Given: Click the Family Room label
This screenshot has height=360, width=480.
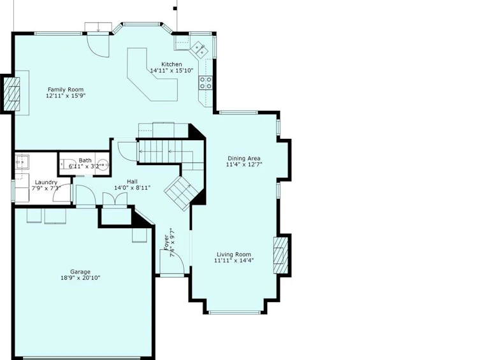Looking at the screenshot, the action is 66,90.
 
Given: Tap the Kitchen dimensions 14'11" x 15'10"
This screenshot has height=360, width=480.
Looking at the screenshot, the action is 171,71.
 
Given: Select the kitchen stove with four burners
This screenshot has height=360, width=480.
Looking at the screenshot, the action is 205,83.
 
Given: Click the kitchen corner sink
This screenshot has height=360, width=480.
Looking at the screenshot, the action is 199,50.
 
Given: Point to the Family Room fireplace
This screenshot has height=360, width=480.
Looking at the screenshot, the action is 11,94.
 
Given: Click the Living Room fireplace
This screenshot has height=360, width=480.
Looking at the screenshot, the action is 280,256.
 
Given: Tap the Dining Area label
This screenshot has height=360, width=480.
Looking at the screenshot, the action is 244,159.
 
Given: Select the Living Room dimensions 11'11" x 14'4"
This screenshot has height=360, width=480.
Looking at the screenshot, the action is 234,261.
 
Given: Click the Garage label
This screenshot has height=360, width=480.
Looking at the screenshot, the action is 80,272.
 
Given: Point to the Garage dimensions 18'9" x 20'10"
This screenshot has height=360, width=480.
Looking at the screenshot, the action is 80,278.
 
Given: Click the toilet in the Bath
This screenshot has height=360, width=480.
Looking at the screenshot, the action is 66,164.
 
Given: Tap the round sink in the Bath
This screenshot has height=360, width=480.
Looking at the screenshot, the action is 104,164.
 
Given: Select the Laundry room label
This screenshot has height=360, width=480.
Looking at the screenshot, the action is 46,183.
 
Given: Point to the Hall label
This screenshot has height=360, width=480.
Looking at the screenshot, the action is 132,182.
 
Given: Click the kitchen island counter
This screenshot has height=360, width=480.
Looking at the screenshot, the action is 152,75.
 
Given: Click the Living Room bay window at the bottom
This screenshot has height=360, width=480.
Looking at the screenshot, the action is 234,312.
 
